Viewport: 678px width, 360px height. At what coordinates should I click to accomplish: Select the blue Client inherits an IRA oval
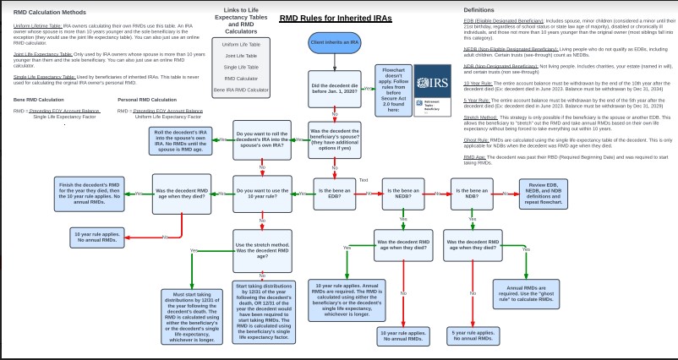pos(334,42)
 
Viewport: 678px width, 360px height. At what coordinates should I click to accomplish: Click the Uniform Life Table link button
pos(241,44)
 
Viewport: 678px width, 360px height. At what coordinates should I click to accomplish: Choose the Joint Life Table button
pos(241,55)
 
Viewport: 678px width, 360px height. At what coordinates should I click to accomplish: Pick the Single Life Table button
pos(241,66)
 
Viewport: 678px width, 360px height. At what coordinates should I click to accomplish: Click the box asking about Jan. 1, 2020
pos(334,87)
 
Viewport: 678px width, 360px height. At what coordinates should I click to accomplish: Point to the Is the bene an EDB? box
pos(334,193)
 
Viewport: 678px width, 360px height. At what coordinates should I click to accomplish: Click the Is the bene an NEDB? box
pos(402,193)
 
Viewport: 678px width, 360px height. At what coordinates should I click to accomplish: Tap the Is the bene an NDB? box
pos(472,193)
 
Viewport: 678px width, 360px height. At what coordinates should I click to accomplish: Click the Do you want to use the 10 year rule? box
pos(262,193)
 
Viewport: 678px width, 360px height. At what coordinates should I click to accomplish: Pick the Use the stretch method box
pos(262,248)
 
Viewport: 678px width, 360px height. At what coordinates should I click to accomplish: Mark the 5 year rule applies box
pos(473,335)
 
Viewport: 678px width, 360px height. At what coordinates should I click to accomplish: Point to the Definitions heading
pos(478,10)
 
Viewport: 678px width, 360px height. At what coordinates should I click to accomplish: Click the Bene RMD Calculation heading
pos(39,100)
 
